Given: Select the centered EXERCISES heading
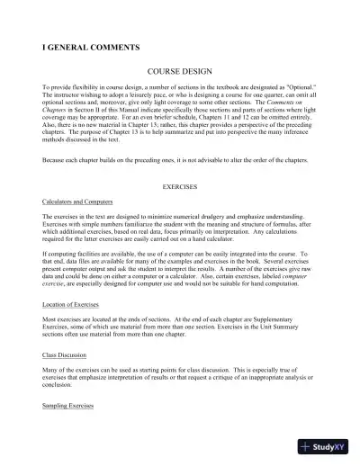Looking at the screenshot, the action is (179, 186).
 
